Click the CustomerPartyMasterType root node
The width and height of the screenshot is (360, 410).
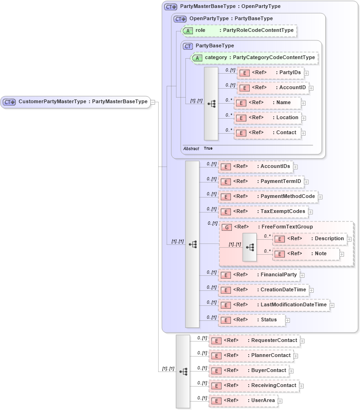coord(75,102)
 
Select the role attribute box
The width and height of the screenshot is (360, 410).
coord(239,30)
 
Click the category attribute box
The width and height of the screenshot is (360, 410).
coord(254,58)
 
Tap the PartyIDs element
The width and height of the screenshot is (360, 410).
coord(270,73)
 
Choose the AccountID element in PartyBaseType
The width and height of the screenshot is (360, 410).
coord(272,88)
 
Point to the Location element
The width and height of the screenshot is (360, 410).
coord(267,118)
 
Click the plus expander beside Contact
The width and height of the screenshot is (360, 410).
coord(303,133)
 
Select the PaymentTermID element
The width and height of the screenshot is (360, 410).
coord(260,182)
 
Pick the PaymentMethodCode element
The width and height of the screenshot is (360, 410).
coord(268,197)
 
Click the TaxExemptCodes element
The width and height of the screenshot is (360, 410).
coord(263,212)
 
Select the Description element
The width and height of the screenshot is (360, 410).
coord(309,239)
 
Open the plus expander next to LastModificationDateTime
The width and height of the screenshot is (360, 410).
coord(332,305)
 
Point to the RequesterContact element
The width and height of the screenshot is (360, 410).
coord(254,341)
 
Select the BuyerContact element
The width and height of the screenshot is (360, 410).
coord(248,371)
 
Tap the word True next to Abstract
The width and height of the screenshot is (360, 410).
coord(208,148)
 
